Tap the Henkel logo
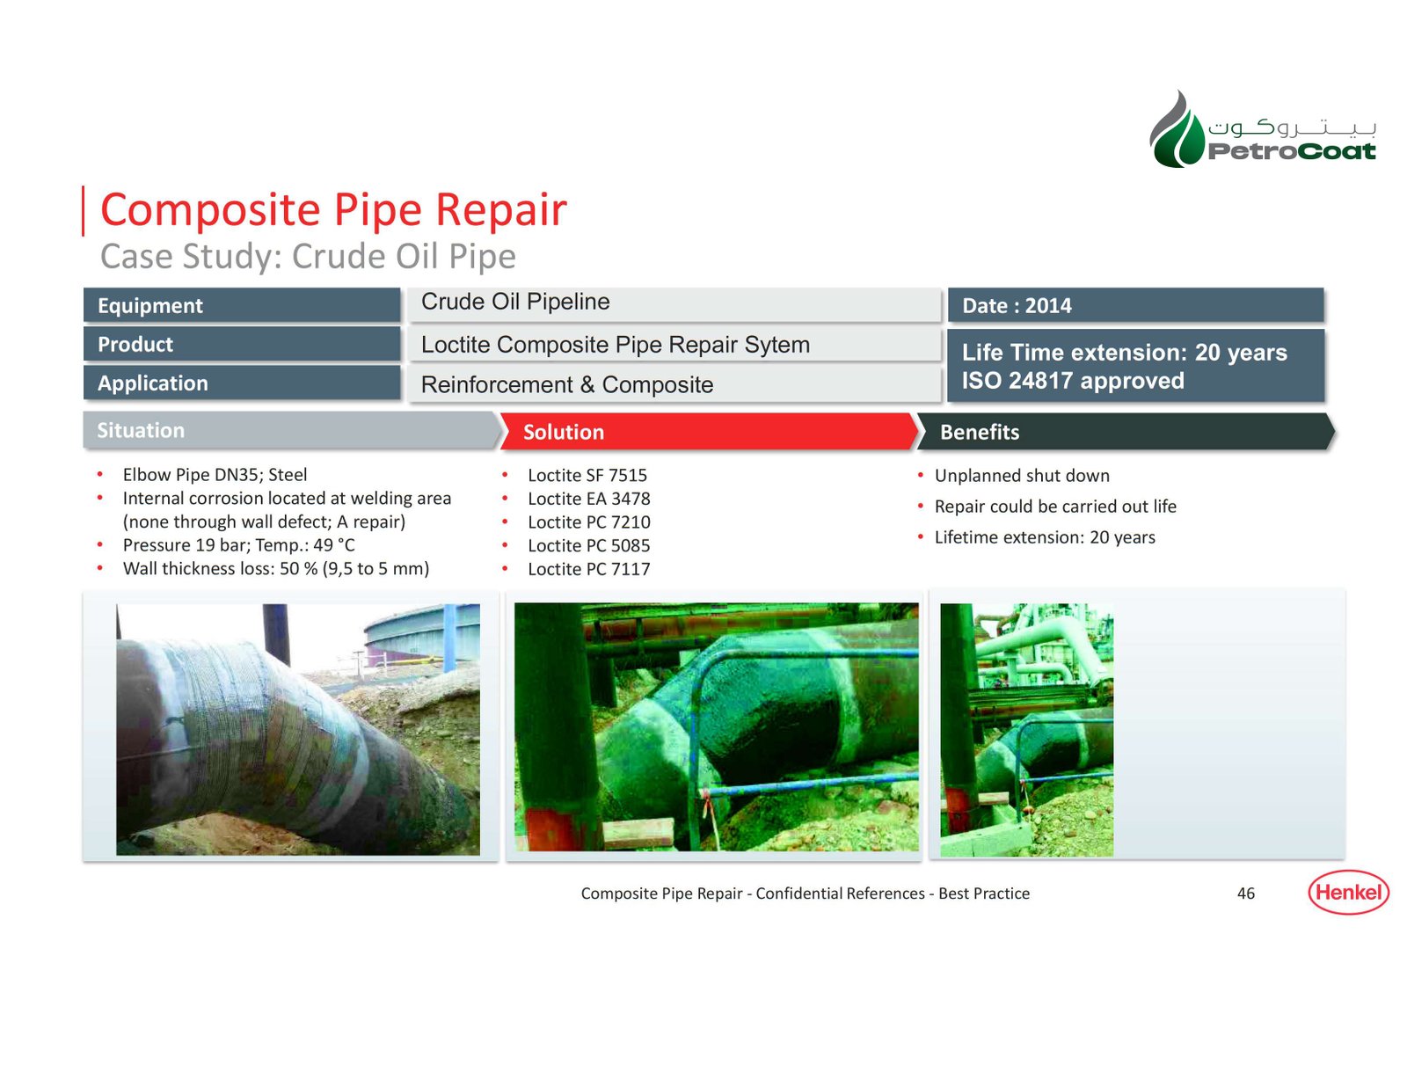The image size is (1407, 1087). click(1349, 892)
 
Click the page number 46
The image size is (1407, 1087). click(1246, 894)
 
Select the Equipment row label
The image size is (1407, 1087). click(242, 305)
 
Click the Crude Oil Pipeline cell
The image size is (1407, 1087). click(674, 303)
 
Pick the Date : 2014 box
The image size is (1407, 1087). click(1135, 305)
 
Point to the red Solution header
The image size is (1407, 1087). click(709, 432)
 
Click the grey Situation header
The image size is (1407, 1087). click(291, 431)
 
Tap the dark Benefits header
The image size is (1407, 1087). click(1126, 432)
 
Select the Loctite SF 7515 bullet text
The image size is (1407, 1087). click(587, 475)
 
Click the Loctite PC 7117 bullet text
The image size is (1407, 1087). click(588, 569)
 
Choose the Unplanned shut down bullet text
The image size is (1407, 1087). click(1022, 476)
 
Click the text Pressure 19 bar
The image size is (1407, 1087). click(186, 545)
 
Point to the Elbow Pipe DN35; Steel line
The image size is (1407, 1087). click(215, 475)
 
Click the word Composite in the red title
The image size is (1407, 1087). click(210, 210)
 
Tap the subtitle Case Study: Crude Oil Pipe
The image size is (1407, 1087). click(308, 257)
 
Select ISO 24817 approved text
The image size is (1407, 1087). click(1073, 381)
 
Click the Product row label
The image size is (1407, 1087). click(242, 344)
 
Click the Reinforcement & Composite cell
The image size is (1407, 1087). click(674, 384)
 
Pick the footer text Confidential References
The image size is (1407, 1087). click(840, 894)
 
